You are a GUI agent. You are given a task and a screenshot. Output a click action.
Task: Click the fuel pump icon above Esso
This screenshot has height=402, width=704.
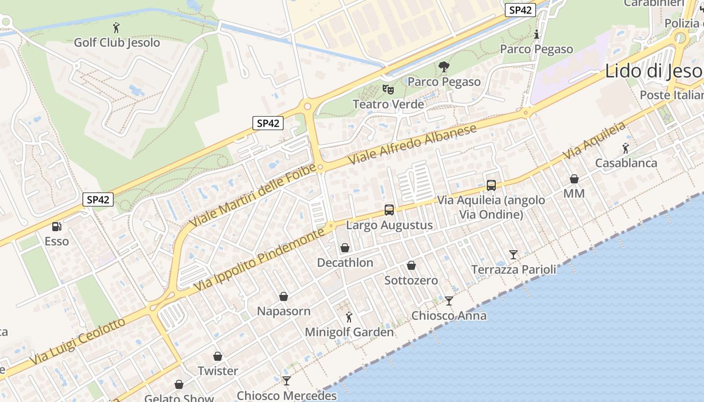pos(57,227)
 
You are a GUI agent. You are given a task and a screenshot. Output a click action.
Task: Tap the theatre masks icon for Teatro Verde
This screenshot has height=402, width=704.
pos(388,89)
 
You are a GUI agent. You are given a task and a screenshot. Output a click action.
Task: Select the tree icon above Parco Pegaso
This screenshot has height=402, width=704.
pos(444,66)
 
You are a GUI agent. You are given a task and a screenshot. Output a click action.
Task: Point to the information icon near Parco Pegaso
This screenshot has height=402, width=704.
pos(537,35)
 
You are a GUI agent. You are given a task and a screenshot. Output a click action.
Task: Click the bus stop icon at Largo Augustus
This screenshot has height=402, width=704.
pos(389,210)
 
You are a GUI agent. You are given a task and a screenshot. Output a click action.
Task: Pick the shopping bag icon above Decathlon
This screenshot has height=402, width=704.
pos(345,248)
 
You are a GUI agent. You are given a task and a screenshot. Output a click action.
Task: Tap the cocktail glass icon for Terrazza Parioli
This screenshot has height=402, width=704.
pos(513,255)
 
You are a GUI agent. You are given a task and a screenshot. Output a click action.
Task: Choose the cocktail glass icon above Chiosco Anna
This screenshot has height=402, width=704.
pos(449,301)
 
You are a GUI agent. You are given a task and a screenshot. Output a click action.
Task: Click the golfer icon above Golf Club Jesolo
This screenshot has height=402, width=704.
pos(117,28)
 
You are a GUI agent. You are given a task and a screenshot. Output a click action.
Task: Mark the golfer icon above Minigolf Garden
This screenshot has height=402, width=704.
pos(349,317)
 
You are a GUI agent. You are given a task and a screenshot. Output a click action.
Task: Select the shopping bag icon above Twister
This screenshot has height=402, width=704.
pos(218,356)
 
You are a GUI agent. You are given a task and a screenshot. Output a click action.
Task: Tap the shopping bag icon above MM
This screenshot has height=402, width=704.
pos(574,179)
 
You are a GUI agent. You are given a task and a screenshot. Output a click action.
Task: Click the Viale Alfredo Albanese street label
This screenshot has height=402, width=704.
pos(413,144)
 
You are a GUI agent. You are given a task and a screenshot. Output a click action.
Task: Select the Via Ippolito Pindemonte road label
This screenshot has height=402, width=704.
pos(259,260)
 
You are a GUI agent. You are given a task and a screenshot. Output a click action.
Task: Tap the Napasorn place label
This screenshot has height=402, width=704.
pos(284,311)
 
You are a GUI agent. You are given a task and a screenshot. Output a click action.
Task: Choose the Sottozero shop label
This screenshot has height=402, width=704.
pos(411,280)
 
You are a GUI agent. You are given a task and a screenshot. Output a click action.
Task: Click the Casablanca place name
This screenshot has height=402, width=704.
pos(626,163)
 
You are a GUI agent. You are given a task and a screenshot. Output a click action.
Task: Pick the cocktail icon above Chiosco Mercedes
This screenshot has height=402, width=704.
pos(287,381)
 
